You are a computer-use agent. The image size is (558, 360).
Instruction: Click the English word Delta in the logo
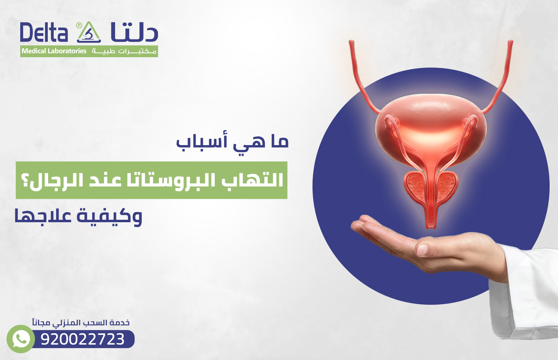point(44,33)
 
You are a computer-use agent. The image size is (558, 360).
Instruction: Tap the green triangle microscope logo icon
point(89,32)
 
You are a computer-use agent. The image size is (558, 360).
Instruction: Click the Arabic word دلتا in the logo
point(134,32)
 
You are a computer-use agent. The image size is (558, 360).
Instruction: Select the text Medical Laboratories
point(54,51)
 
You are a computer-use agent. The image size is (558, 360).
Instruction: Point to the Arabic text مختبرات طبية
point(124,51)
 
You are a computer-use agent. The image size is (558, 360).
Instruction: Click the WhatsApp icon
point(21,339)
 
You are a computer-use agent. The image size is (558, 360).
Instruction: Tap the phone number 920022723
point(83,339)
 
